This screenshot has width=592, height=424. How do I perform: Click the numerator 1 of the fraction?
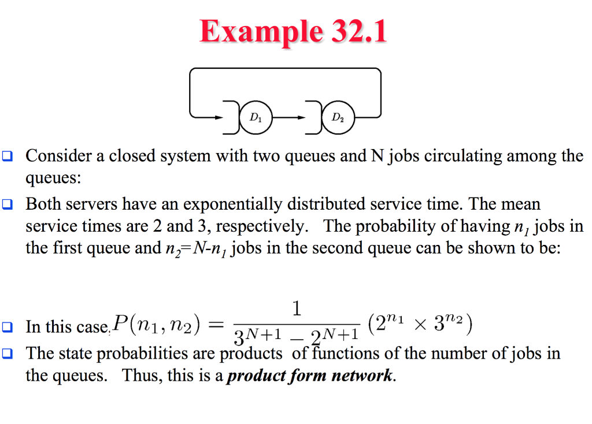[297, 309]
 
